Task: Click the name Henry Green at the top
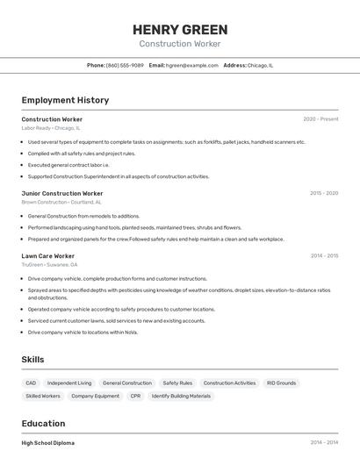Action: point(180,29)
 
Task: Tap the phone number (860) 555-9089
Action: point(125,65)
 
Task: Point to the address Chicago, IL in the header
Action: point(260,65)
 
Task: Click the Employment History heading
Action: point(65,100)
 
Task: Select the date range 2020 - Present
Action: point(320,118)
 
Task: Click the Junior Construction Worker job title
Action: point(62,193)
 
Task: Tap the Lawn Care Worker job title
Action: point(48,255)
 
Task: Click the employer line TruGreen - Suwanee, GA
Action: point(49,264)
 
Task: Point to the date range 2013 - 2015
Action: point(324,193)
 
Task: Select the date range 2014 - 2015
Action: point(324,255)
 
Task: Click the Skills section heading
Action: point(32,360)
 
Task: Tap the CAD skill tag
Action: point(31,383)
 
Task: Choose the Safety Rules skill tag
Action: point(177,383)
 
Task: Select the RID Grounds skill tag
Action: point(281,383)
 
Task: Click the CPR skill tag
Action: point(135,397)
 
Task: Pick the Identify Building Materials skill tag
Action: point(181,397)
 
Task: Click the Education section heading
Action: point(43,423)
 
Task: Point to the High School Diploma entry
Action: point(48,443)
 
